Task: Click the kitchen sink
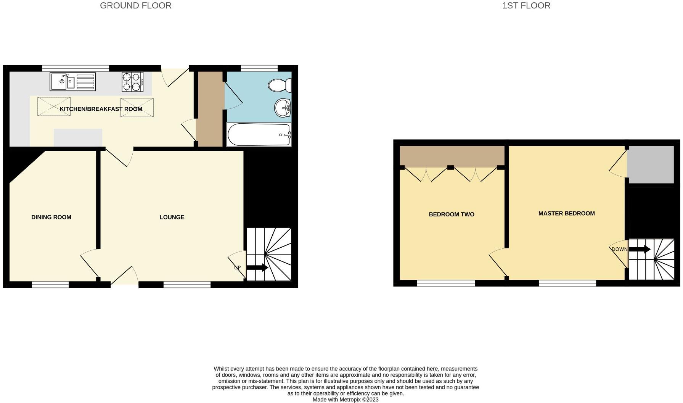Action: click(x=72, y=82)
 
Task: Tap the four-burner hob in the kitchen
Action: click(x=132, y=82)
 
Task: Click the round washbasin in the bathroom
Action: click(x=283, y=108)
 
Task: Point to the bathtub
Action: click(x=259, y=135)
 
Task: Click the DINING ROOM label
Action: click(x=51, y=217)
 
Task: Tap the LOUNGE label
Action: click(x=172, y=217)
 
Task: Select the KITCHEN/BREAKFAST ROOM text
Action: click(x=101, y=109)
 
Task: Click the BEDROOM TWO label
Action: click(x=452, y=214)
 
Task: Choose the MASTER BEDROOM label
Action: click(x=566, y=213)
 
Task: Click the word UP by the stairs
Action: click(x=237, y=268)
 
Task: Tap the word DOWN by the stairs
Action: click(x=619, y=249)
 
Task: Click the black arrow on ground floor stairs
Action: click(x=257, y=268)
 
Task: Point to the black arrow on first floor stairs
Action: click(x=640, y=250)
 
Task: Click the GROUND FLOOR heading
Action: click(x=135, y=6)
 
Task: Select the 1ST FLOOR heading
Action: click(x=526, y=6)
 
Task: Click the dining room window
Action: click(x=50, y=284)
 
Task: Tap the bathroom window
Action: click(x=259, y=68)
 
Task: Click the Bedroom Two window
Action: click(x=446, y=283)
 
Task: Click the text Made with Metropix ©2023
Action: click(x=346, y=400)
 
